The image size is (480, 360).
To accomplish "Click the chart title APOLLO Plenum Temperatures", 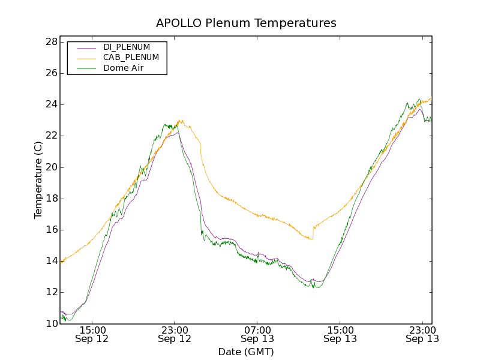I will click(246, 23).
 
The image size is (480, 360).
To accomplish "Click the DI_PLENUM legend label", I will click(127, 47).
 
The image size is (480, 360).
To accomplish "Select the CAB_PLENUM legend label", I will click(131, 58).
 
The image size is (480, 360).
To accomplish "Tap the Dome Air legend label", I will click(123, 68).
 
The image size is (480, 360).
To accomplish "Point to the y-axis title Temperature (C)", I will click(38, 179).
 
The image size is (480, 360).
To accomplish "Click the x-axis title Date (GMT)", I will click(246, 352).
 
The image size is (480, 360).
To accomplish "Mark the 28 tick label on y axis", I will click(51, 42).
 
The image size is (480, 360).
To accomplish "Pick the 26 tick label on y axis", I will click(51, 73).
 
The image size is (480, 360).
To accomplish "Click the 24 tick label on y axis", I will click(51, 104).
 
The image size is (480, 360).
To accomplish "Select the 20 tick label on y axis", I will click(51, 167).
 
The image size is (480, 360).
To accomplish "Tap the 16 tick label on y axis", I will click(51, 230).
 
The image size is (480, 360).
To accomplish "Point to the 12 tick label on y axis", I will click(51, 292).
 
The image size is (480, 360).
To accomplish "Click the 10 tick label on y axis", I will click(51, 323).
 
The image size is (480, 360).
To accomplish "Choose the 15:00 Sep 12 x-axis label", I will click(92, 334).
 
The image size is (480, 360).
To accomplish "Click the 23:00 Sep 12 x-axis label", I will click(175, 334).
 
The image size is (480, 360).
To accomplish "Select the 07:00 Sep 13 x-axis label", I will click(257, 334).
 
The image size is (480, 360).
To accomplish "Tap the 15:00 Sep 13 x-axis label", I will click(340, 334).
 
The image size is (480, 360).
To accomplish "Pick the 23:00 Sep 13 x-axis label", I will click(422, 334).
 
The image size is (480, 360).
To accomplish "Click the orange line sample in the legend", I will click(86, 58).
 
